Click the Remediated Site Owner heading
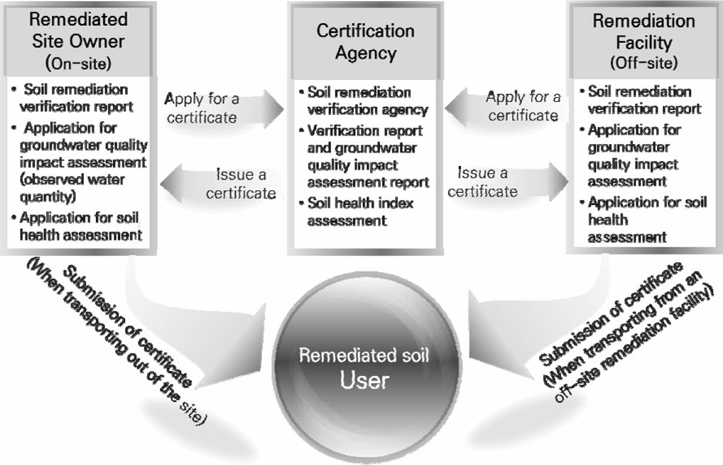(x=78, y=30)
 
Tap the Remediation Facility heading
(x=644, y=31)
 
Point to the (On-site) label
(x=78, y=61)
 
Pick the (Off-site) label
(x=644, y=62)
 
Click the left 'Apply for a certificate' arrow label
(x=201, y=108)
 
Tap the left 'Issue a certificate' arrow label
(x=241, y=183)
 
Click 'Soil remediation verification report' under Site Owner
(x=73, y=98)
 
